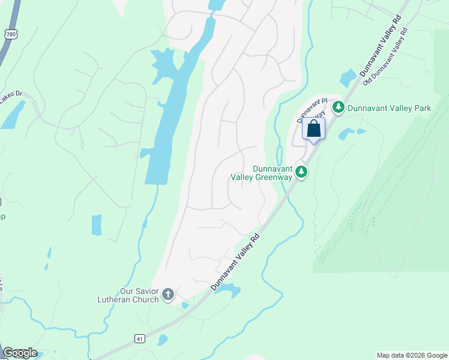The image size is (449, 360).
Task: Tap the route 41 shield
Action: (140, 339)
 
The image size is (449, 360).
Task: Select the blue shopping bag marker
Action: (313, 129)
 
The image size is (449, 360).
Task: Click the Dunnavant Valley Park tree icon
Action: (339, 107)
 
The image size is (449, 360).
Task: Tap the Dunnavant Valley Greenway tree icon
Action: (301, 173)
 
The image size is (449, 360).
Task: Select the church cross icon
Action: (168, 295)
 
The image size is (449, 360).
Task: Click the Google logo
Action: (20, 353)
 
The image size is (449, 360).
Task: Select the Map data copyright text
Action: (411, 355)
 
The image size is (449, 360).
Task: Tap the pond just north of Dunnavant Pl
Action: (348, 79)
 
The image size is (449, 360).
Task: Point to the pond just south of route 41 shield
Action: (162, 340)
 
